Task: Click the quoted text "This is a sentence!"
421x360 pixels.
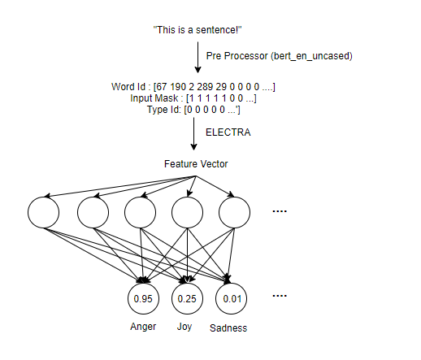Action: pos(197,30)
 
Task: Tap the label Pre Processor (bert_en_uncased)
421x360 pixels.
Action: pos(279,56)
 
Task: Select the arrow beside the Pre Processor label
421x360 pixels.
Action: pos(197,58)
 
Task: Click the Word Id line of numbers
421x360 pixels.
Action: pos(193,87)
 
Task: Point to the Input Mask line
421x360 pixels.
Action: pos(193,98)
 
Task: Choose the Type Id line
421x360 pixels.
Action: pos(193,110)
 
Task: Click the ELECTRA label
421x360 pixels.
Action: pos(228,132)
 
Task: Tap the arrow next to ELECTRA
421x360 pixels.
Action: pos(193,134)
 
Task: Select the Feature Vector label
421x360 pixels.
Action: pos(196,164)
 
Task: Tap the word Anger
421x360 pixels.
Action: pos(143,327)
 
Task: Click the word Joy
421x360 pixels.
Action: pos(184,327)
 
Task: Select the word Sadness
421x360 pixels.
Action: pos(228,328)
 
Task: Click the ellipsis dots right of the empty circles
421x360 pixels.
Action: pos(280,211)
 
